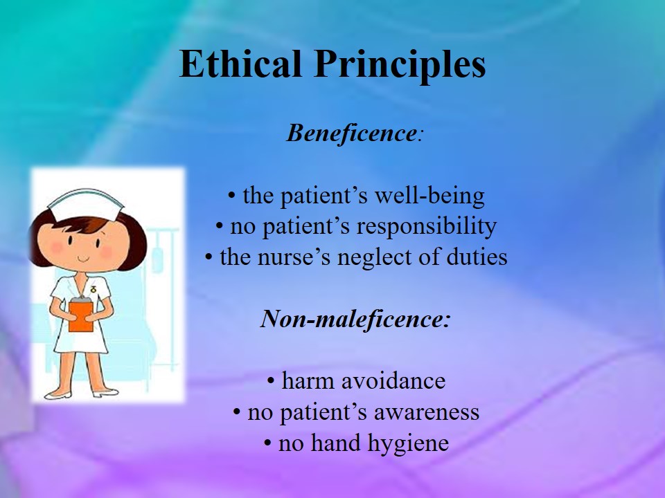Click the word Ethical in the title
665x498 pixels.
click(240, 64)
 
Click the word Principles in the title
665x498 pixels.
click(400, 66)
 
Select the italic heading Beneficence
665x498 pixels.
click(352, 133)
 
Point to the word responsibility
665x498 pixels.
click(426, 227)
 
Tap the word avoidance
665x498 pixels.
click(393, 380)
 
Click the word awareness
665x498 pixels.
click(426, 412)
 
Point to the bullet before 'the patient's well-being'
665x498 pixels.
click(231, 196)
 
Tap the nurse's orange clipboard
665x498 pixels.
click(81, 315)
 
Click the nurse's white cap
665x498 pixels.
click(87, 204)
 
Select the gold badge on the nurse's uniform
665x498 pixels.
click(93, 289)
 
